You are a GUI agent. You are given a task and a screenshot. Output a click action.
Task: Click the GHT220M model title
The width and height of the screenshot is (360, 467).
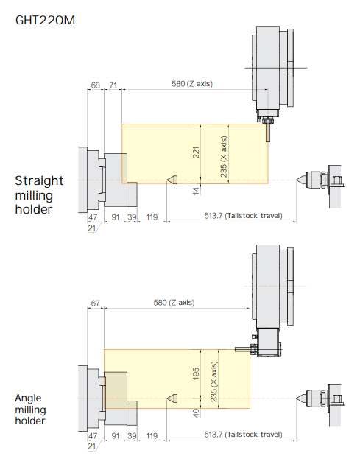pos(45,20)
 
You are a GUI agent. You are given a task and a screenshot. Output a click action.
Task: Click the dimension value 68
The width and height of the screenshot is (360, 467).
pos(95,85)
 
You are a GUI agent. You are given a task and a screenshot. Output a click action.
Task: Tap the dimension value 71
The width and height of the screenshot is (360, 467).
pos(113,85)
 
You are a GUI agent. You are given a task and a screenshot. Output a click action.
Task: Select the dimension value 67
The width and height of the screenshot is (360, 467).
pos(95,303)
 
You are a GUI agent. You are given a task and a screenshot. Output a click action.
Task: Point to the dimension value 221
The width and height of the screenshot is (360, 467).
pos(196,152)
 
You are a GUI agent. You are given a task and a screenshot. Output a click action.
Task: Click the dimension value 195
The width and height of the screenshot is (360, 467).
pos(196,373)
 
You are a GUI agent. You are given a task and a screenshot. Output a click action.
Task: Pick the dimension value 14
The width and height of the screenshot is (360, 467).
pos(196,191)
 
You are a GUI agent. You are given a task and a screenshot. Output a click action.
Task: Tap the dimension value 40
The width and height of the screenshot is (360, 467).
pos(196,413)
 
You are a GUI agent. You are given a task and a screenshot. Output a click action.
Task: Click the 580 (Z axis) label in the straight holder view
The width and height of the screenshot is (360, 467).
pos(192,84)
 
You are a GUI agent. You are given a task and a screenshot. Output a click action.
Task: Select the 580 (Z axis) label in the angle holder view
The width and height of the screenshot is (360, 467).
pos(174,303)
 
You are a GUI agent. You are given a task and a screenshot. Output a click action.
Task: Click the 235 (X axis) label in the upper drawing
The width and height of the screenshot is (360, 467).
pos(224,157)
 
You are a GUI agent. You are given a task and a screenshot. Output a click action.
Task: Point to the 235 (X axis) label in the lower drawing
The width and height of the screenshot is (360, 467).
pos(213,382)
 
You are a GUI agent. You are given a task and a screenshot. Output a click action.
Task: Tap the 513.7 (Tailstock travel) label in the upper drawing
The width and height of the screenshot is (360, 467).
pos(243,216)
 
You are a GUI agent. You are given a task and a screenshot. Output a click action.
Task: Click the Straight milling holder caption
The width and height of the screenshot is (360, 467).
pos(39,195)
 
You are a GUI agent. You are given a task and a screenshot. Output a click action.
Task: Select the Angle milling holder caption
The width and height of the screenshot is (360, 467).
pos(30,410)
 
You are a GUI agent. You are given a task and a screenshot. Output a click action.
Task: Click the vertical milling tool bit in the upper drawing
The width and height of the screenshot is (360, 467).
pos(268,132)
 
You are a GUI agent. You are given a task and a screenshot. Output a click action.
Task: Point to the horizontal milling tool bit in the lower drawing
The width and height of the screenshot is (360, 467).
pos(242,349)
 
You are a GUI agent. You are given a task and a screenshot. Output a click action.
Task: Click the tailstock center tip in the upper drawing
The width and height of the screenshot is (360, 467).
pos(297,180)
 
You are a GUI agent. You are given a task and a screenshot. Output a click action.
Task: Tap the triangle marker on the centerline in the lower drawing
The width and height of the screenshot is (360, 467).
pos(172,398)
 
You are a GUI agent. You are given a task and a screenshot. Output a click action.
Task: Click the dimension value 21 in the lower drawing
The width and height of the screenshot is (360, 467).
pos(92,446)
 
